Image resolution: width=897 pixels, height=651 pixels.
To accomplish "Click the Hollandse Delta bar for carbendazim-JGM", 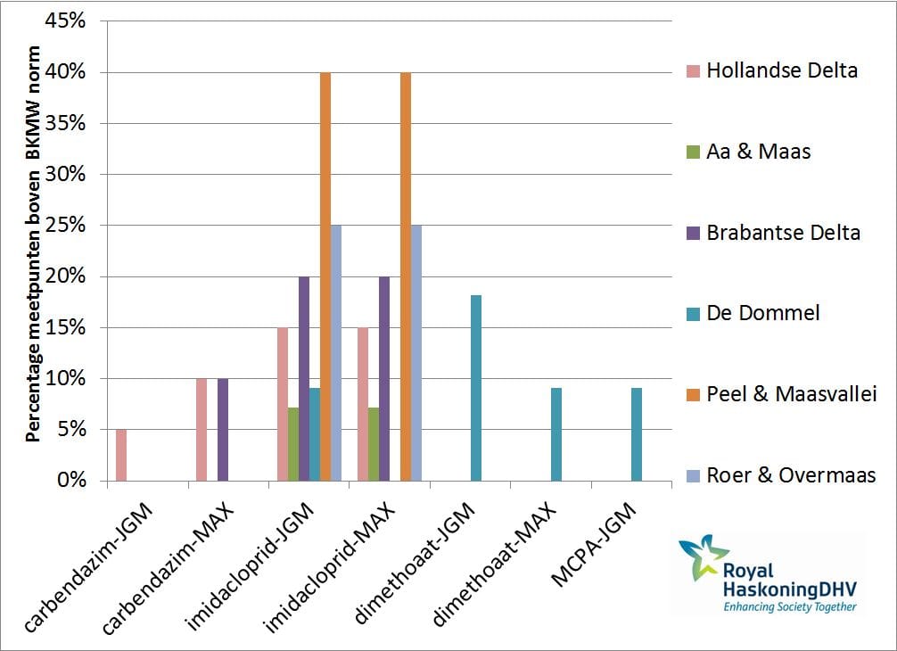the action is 121,455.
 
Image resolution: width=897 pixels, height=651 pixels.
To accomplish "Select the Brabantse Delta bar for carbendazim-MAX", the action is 223,430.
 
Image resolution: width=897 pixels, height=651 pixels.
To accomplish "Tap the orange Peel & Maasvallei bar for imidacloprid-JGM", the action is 325,276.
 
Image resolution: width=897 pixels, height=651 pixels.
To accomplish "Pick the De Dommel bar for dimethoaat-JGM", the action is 476,388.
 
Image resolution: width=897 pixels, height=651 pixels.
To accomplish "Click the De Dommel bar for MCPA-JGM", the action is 637,434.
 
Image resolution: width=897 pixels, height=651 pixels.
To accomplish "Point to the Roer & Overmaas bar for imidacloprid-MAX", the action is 416,353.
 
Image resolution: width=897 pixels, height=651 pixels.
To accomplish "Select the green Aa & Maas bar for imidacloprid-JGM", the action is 293,444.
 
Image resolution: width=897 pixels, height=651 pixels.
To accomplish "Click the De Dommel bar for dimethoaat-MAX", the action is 556,434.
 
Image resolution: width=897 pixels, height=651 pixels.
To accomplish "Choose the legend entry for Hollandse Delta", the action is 772,70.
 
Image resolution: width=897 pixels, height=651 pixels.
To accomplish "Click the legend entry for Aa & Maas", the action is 749,152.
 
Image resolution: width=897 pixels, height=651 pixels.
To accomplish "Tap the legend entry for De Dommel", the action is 753,313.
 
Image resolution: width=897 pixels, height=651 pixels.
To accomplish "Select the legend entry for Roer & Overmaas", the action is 781,474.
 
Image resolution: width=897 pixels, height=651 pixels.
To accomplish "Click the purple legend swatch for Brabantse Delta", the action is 694,233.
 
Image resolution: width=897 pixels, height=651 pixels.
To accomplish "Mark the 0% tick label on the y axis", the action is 71,481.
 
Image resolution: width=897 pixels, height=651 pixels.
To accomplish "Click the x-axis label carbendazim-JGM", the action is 88,567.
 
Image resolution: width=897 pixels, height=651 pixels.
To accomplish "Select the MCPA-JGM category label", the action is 593,543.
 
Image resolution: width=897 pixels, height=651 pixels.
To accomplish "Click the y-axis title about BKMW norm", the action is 33,244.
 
